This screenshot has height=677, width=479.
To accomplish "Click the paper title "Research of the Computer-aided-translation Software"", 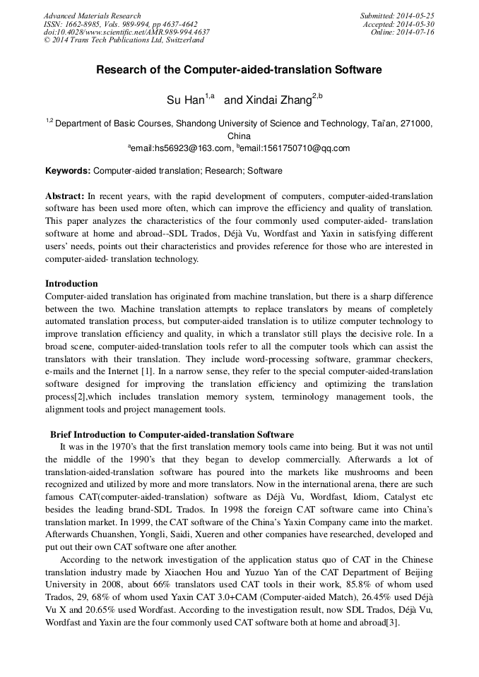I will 239,70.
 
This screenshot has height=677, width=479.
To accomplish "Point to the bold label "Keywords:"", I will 68,171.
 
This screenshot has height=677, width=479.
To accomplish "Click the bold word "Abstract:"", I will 64,195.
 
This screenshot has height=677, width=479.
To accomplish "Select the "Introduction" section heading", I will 71,284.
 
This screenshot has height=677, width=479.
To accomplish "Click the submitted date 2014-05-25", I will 416,16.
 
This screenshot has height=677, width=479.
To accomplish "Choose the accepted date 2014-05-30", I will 416,24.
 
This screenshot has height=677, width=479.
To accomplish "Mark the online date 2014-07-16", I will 416,32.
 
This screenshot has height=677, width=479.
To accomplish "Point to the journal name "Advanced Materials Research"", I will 93,16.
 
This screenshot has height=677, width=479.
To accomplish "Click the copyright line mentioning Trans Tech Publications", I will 124,40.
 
